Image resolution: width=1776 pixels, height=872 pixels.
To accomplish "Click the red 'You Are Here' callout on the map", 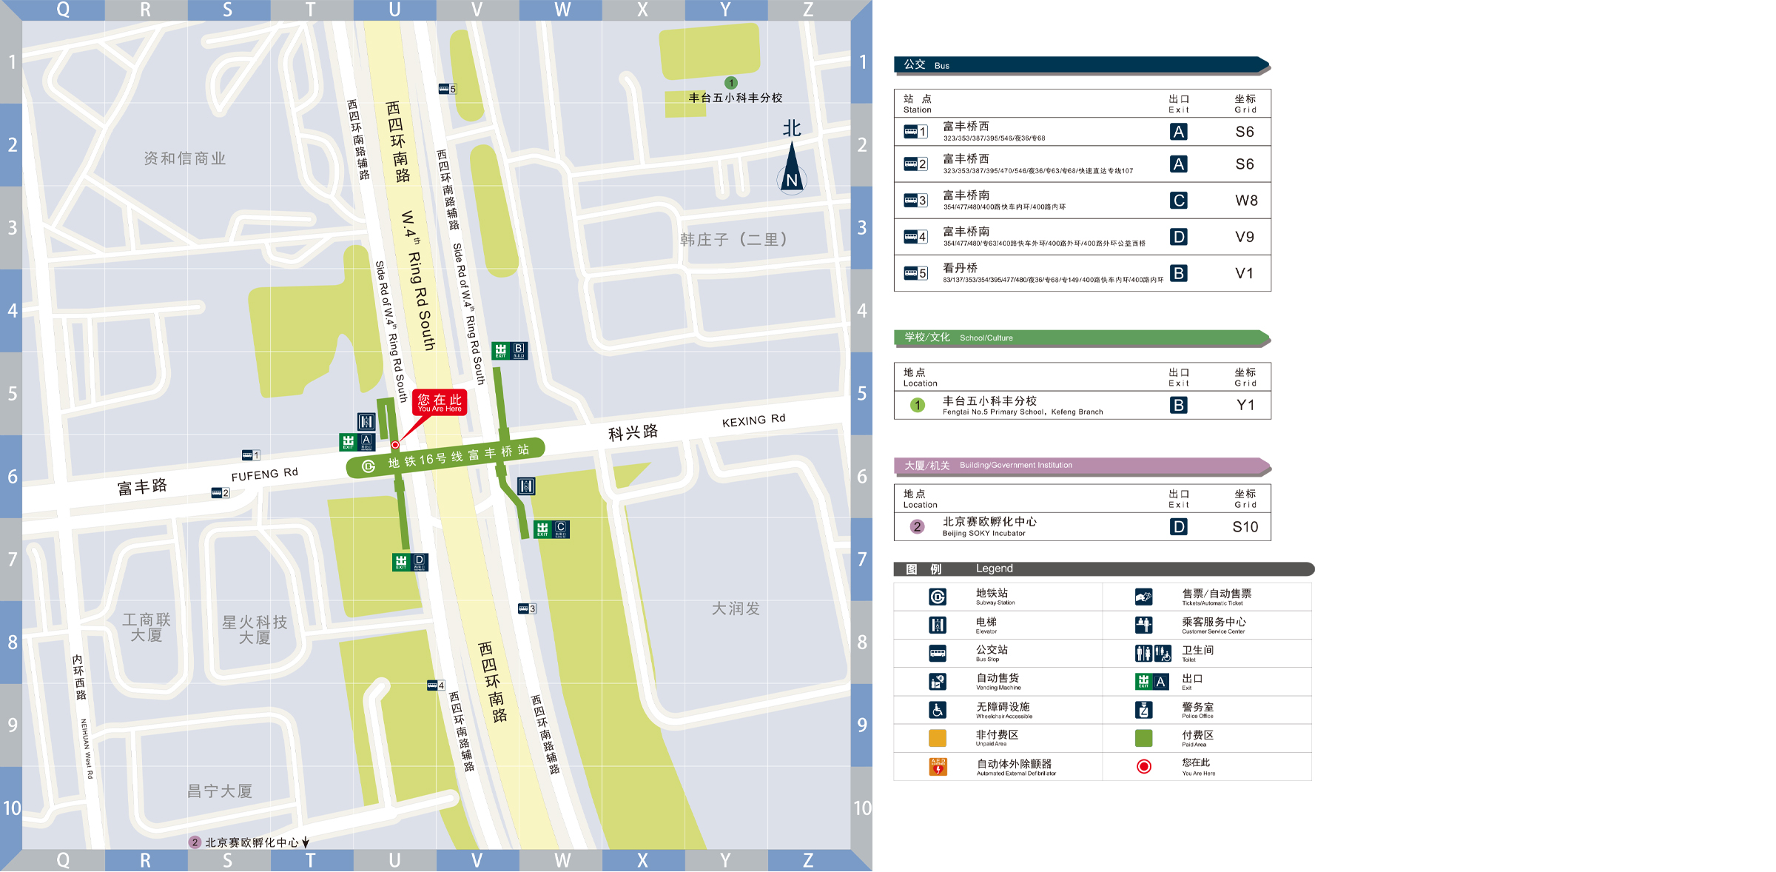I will [x=440, y=403].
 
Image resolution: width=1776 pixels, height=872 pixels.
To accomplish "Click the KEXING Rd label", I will [x=753, y=420].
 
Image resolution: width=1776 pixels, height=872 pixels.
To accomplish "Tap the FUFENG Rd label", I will [x=264, y=474].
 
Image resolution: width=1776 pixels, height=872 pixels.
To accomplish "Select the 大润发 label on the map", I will [x=736, y=608].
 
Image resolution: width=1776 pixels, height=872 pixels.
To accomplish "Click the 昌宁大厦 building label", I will [x=220, y=791].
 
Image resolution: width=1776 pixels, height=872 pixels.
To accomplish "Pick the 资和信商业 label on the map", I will [x=184, y=158].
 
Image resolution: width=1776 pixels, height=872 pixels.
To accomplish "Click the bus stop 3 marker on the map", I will [x=527, y=608].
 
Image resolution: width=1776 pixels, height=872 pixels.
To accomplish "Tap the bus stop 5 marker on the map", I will [x=447, y=89].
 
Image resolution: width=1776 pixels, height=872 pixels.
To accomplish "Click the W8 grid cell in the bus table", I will [x=1246, y=201].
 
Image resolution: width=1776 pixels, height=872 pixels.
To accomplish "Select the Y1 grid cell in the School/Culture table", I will [x=1245, y=405].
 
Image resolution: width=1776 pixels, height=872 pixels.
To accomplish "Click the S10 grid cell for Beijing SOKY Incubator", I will [x=1245, y=527].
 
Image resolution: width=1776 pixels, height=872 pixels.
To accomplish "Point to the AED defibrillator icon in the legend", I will [x=938, y=767].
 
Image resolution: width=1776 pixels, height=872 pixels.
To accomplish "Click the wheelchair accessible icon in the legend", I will [x=938, y=710].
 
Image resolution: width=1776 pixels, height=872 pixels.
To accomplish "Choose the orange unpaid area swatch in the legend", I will [x=938, y=738].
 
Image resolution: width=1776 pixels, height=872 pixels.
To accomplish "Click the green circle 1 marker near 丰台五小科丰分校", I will [x=731, y=83].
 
